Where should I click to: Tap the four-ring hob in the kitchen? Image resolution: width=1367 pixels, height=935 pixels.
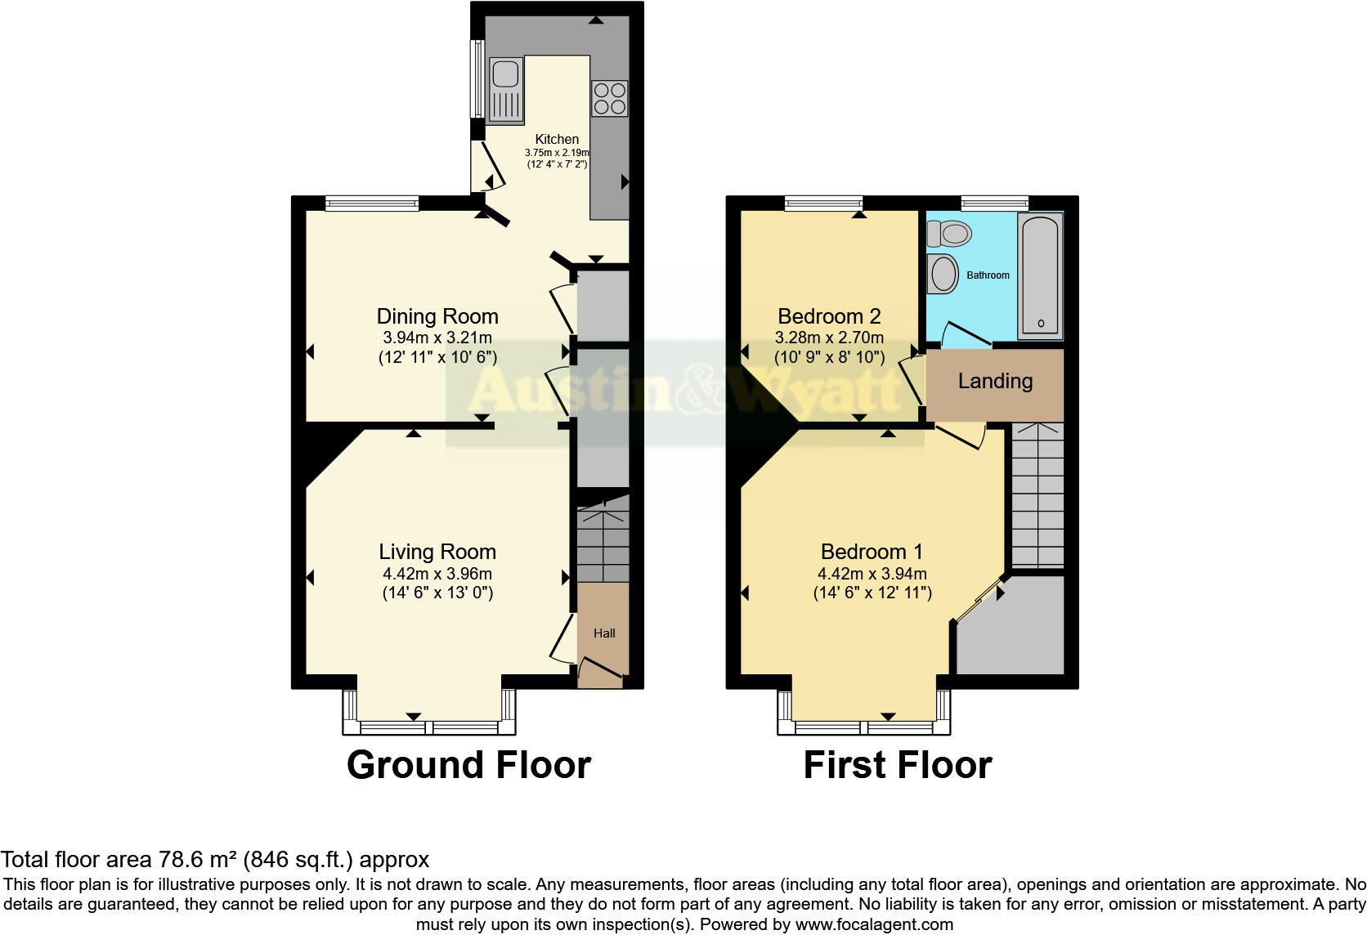tap(610, 98)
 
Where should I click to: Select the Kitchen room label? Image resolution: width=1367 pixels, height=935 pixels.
tap(557, 140)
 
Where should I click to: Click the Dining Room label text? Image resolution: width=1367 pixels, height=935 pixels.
tap(437, 316)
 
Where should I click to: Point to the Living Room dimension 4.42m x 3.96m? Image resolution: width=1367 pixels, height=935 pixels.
tap(437, 574)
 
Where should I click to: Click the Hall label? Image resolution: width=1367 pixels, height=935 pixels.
tap(604, 633)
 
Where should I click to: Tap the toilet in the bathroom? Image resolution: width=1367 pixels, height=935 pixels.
tap(951, 235)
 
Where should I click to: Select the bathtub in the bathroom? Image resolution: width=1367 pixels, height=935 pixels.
tap(1040, 275)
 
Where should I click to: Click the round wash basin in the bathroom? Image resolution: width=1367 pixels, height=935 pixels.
tap(944, 275)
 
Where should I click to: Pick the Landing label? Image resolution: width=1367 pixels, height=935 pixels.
tap(995, 381)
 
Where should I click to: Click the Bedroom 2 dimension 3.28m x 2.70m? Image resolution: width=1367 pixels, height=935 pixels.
tap(829, 338)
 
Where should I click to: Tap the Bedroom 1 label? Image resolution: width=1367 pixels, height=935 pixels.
tap(872, 552)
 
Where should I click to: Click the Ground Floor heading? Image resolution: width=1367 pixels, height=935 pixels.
tap(468, 765)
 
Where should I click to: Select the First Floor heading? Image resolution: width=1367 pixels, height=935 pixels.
tap(897, 765)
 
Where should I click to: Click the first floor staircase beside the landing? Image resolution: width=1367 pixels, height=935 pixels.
tap(1038, 495)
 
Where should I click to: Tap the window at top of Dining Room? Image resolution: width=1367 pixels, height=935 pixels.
tap(372, 204)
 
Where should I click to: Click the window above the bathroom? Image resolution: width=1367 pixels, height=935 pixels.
tap(994, 204)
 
